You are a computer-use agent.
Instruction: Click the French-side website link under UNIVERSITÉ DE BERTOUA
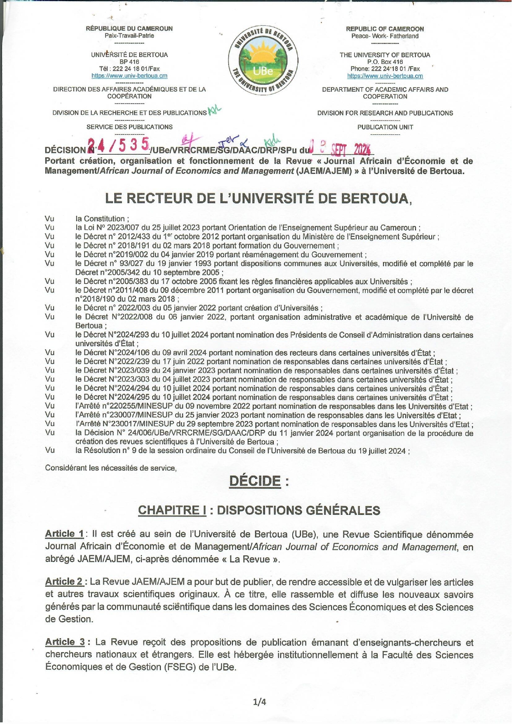(x=129, y=76)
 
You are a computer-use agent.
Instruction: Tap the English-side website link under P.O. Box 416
(x=385, y=76)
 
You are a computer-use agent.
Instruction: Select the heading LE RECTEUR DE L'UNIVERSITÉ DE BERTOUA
(x=258, y=198)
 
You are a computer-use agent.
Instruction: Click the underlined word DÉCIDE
(x=255, y=481)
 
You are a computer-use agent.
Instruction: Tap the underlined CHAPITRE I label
(x=172, y=510)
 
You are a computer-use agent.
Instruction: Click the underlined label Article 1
(x=64, y=534)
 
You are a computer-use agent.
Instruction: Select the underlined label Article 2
(x=64, y=582)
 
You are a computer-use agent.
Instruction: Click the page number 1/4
(x=260, y=702)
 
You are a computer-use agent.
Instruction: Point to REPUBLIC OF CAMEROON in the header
(x=385, y=29)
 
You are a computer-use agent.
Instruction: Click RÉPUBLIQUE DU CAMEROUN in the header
(x=129, y=28)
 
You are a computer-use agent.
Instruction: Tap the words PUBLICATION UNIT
(x=385, y=127)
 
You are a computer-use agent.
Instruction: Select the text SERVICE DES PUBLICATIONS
(x=129, y=127)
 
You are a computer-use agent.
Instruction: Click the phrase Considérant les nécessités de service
(x=111, y=468)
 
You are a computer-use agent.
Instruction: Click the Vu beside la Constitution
(x=49, y=219)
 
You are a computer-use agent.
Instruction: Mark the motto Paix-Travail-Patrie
(x=129, y=36)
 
